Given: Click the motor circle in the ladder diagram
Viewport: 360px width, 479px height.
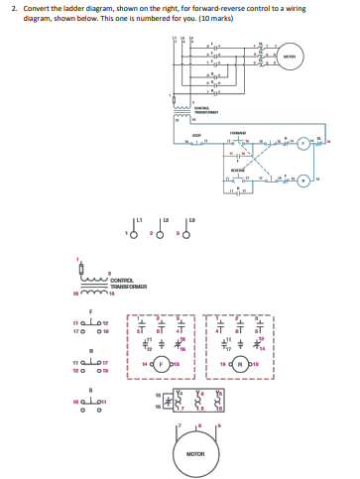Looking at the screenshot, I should (291, 56).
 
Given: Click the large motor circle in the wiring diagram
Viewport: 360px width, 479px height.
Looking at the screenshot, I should (194, 454).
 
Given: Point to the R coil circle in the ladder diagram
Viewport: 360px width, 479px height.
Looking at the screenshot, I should (305, 180).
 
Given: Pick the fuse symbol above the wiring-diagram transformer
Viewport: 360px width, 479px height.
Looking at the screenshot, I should (80, 266).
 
